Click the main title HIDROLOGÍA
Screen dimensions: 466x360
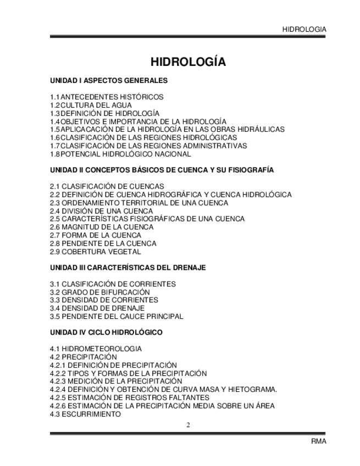pyautogui.click(x=189, y=62)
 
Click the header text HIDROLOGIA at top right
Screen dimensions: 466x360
pyautogui.click(x=304, y=29)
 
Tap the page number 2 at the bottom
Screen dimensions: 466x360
pyautogui.click(x=188, y=424)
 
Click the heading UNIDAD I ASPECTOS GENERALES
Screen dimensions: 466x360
pyautogui.click(x=109, y=81)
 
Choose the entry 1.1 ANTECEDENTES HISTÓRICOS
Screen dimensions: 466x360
pyautogui.click(x=107, y=97)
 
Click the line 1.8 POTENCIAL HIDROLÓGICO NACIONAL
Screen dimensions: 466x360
pyautogui.click(x=120, y=154)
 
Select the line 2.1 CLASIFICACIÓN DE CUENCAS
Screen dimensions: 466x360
pyautogui.click(x=107, y=186)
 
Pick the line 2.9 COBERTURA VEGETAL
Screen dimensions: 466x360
pyautogui.click(x=95, y=252)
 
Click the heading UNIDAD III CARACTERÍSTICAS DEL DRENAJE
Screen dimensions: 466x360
pyautogui.click(x=128, y=268)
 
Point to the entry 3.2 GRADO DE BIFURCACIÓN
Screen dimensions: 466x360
pyautogui.click(x=99, y=292)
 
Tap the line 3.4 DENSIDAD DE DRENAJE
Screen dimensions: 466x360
pyautogui.click(x=96, y=308)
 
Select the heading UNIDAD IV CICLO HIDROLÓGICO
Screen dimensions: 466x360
pyautogui.click(x=106, y=332)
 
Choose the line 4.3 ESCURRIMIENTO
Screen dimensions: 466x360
pyautogui.click(x=85, y=414)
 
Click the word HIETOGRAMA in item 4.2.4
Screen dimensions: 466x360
pyautogui.click(x=252, y=390)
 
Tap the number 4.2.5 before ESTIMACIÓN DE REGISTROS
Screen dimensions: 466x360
pyautogui.click(x=58, y=397)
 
